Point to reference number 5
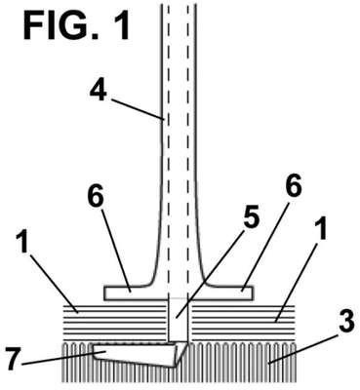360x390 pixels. (252, 216)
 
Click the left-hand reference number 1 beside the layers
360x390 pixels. (23, 241)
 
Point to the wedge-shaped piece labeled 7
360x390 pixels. (140, 355)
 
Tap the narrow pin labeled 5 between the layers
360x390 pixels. (178, 321)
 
